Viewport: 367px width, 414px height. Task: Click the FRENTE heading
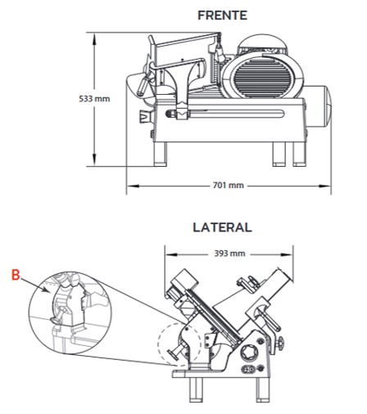click(x=222, y=16)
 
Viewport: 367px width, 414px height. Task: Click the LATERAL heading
click(x=222, y=227)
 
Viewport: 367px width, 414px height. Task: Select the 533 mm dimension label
click(x=94, y=99)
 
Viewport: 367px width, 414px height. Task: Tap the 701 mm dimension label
click(x=229, y=186)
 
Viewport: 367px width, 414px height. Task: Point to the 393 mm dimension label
click(x=229, y=254)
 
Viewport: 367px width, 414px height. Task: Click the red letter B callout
click(x=16, y=275)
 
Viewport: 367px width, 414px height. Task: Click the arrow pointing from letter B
click(x=35, y=285)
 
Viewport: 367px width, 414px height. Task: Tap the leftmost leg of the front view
click(x=161, y=154)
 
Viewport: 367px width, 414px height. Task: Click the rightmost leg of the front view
click(x=300, y=154)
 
